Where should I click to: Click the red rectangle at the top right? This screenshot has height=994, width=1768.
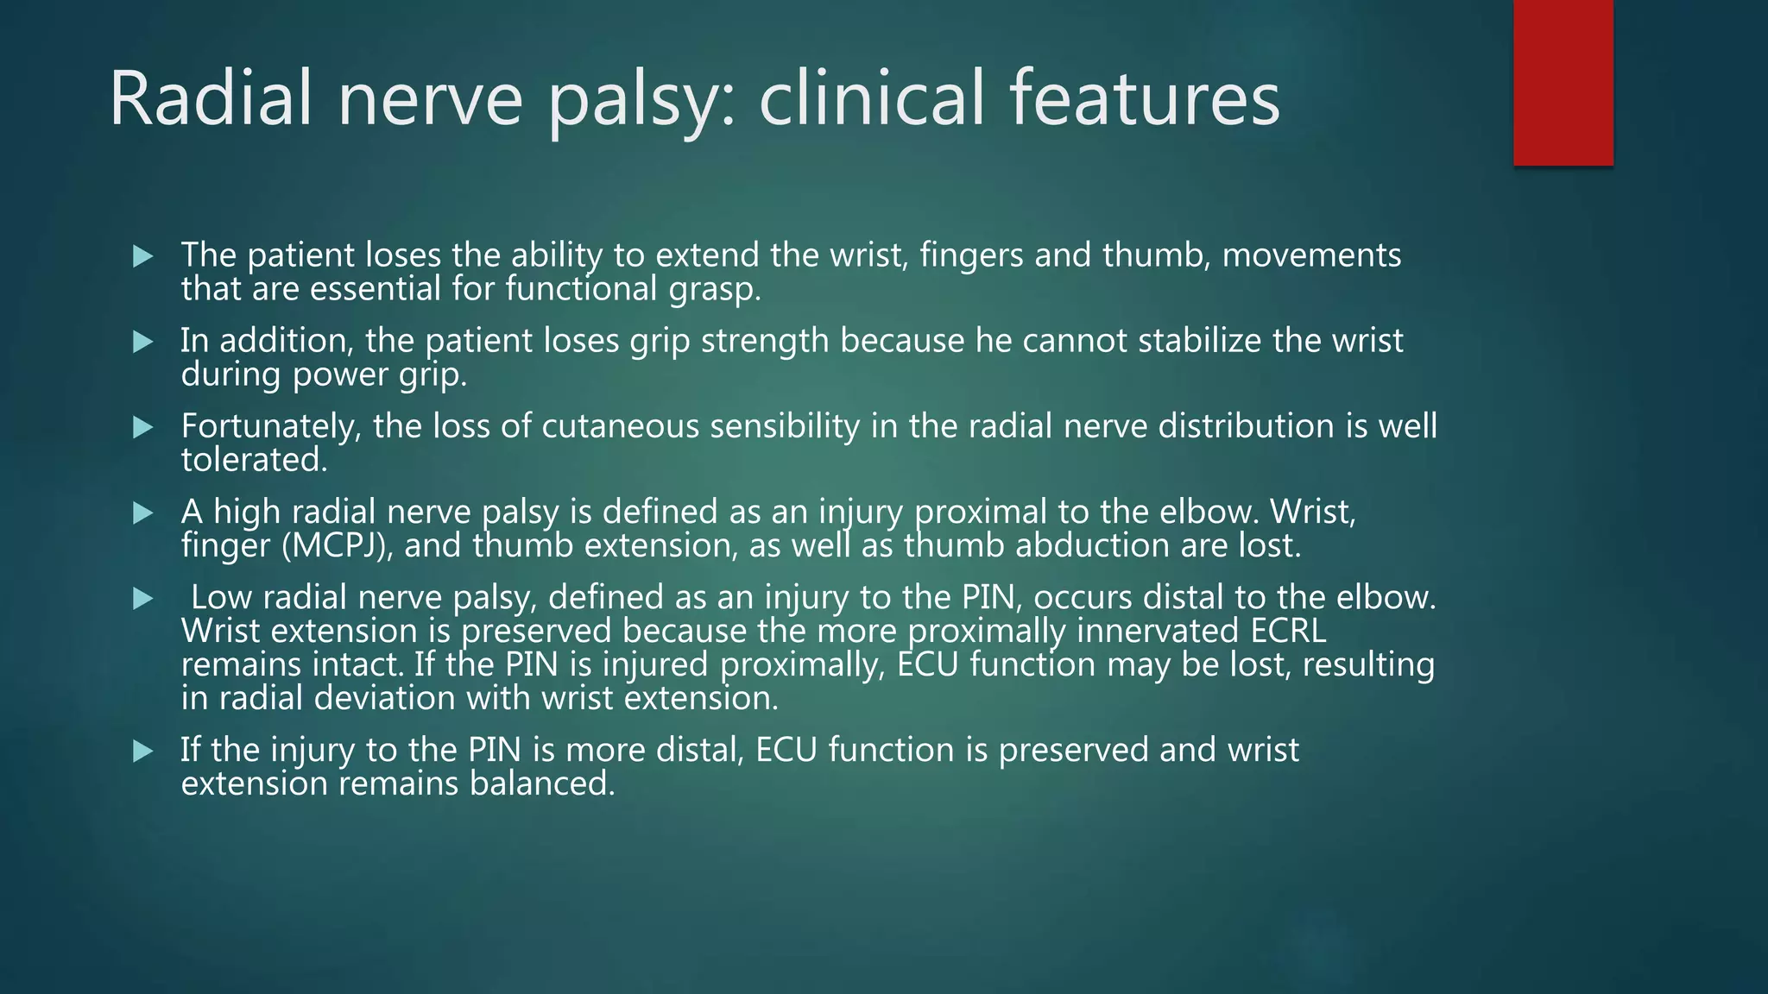click(x=1563, y=83)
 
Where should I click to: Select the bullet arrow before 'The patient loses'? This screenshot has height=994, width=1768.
click(x=143, y=256)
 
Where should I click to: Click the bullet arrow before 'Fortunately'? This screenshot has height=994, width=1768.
click(x=143, y=427)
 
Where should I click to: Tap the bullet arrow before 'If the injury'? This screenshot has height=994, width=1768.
click(x=143, y=751)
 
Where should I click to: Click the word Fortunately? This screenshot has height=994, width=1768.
click(x=270, y=426)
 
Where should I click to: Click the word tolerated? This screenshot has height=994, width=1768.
click(x=254, y=460)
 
